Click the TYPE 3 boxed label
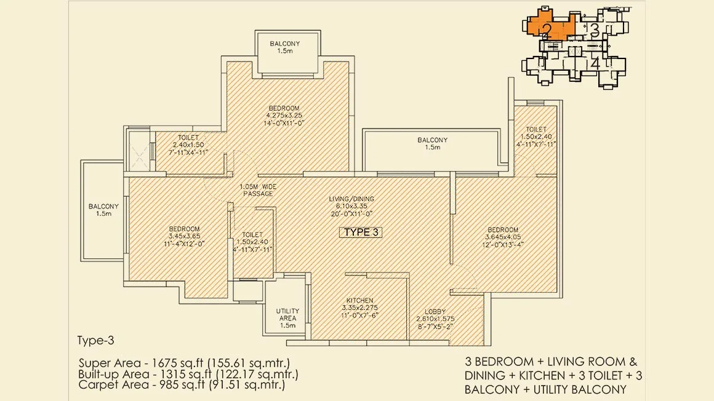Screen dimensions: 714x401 (x=361, y=232)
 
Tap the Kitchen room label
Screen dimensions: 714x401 (x=359, y=308)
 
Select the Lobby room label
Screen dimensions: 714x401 (x=435, y=319)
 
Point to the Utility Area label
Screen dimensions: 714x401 (x=288, y=318)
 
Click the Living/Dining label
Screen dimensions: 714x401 (x=351, y=206)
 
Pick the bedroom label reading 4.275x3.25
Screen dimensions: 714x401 (x=284, y=116)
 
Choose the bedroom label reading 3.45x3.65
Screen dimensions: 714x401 (x=184, y=236)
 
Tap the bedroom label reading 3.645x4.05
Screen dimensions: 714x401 (x=503, y=237)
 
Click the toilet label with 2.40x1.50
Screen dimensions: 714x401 (x=188, y=145)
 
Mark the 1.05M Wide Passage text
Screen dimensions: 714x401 (x=258, y=190)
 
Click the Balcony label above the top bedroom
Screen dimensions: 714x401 (x=284, y=47)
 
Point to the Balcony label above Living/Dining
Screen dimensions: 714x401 (x=432, y=143)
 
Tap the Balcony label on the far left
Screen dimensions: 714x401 (x=103, y=210)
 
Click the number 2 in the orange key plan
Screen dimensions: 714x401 (x=547, y=30)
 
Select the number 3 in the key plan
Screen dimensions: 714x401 (x=594, y=30)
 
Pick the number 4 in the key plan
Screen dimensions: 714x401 (x=595, y=64)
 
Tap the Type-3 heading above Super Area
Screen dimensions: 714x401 (x=95, y=341)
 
